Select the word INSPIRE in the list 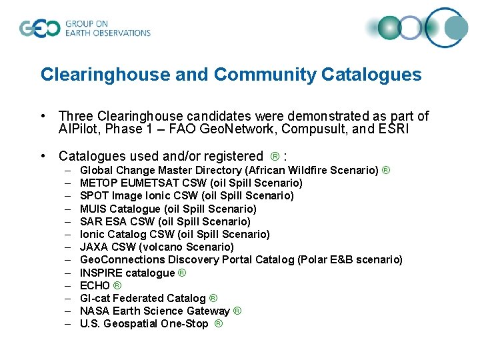pos(101,273)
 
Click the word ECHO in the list pos(95,285)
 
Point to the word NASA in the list pos(94,311)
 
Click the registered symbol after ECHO pos(117,285)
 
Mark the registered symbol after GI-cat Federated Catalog pos(213,298)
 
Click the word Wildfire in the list pos(311,170)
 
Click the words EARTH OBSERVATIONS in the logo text pos(108,33)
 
